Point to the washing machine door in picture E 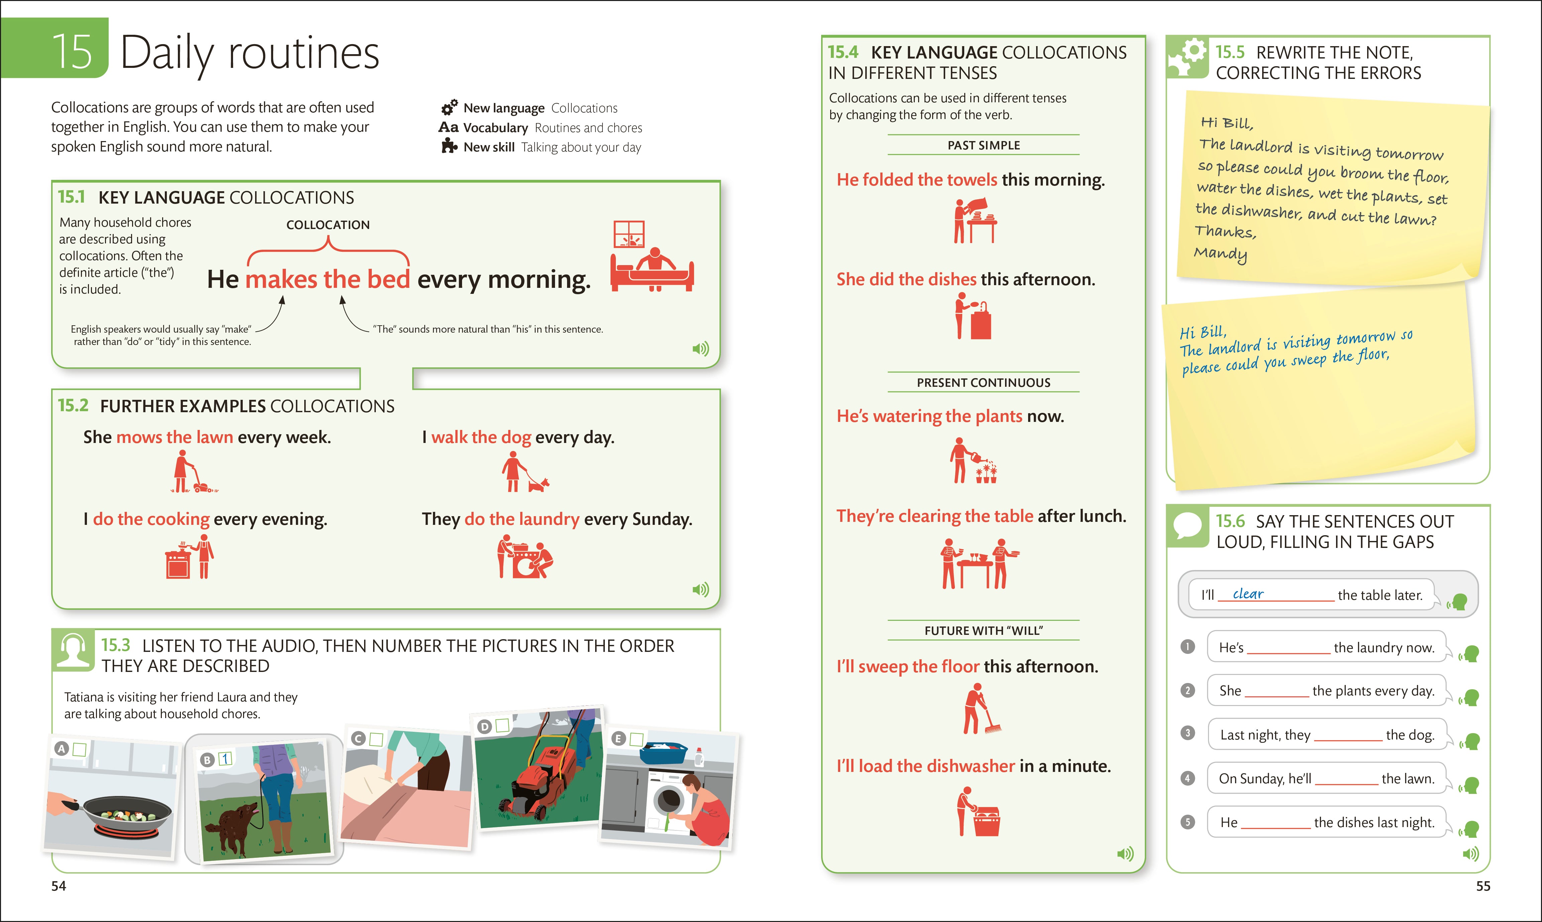click(x=668, y=801)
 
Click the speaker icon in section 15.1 click(x=700, y=349)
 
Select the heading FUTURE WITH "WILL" click(x=983, y=630)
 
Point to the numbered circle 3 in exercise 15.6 click(x=1187, y=733)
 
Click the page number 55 click(x=1482, y=886)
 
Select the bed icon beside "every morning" click(x=652, y=270)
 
